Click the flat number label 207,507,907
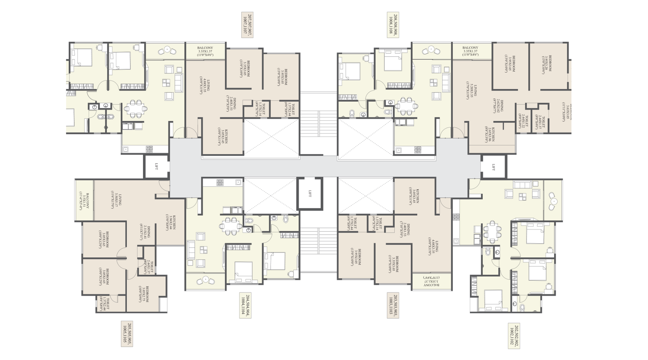coord(247,25)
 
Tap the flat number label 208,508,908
coord(393,25)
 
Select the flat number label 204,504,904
coord(245,305)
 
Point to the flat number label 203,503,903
coord(392,305)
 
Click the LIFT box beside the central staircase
coord(310,194)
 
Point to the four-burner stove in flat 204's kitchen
coord(220,183)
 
